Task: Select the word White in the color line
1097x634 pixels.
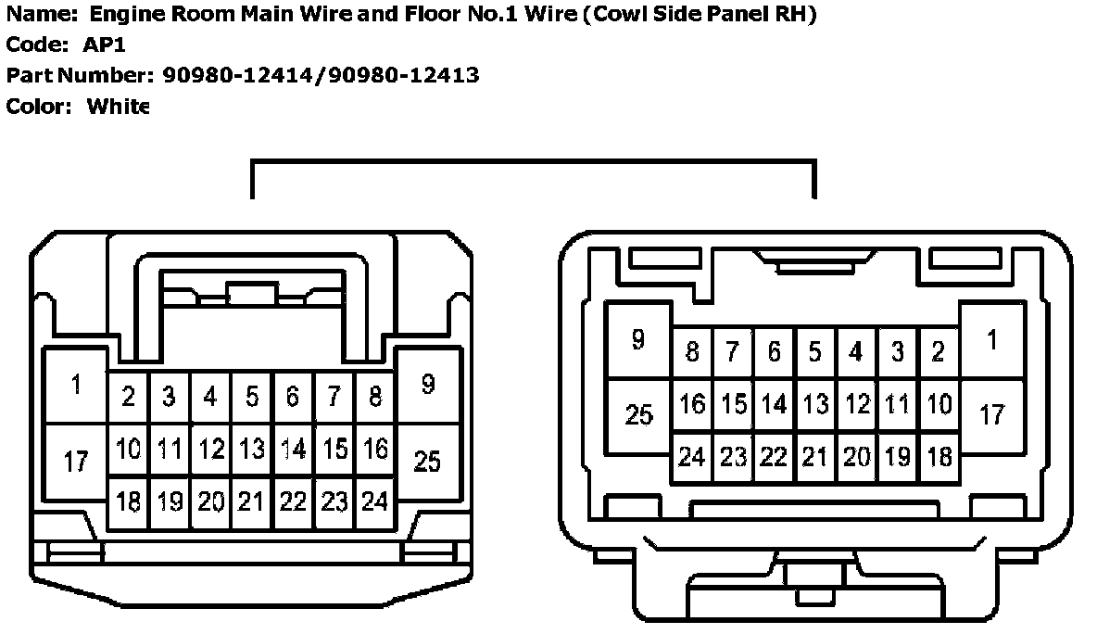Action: point(118,106)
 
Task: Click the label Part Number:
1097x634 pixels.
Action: point(79,75)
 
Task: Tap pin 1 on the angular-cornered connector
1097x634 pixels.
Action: point(76,385)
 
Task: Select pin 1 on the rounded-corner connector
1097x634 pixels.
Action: point(992,340)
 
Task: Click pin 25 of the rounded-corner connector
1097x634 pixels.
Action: point(639,414)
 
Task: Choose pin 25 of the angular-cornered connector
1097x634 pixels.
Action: point(427,460)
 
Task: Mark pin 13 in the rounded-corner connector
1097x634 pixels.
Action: point(815,404)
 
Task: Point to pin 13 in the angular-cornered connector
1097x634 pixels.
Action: point(251,450)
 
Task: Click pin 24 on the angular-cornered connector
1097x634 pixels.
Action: point(374,501)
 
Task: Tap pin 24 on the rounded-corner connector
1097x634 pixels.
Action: point(692,457)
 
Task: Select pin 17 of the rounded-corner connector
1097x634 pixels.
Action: point(992,413)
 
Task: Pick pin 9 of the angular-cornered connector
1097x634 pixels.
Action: point(427,385)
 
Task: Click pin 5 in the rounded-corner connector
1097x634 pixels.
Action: point(814,352)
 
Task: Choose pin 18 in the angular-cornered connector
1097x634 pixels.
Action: point(128,501)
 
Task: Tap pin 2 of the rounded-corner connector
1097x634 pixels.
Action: point(939,352)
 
